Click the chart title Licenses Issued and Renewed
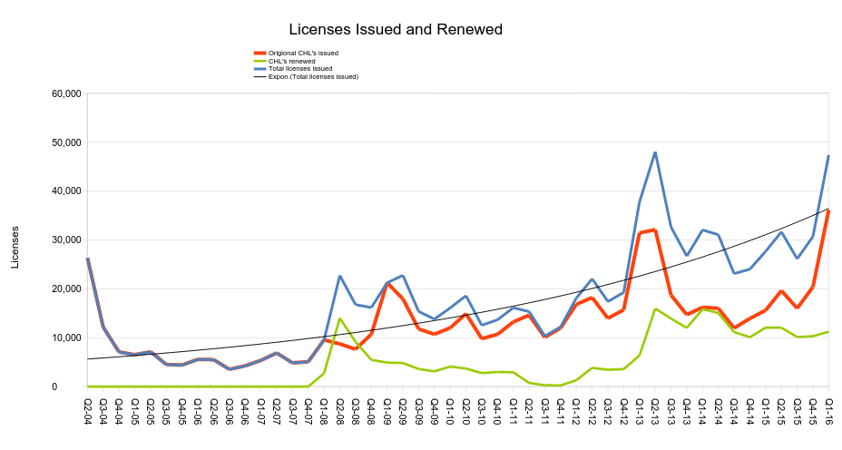coord(395,30)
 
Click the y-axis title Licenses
coord(15,246)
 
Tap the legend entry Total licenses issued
coord(300,69)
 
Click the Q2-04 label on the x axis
coord(88,410)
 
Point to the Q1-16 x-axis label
coord(828,410)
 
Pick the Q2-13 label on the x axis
coord(655,410)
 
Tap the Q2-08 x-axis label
coord(340,410)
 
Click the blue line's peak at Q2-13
coord(655,152)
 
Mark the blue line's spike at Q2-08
coord(339,276)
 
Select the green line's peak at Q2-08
coord(339,318)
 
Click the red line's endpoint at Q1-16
coord(828,210)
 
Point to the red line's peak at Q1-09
coord(387,284)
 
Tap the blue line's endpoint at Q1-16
coord(828,156)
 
